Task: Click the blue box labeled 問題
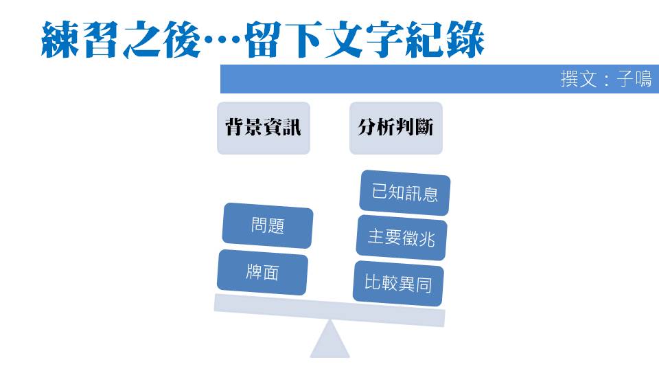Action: tap(268, 225)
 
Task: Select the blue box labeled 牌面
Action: tap(262, 272)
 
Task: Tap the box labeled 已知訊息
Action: tap(405, 192)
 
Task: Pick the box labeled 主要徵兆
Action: tap(402, 237)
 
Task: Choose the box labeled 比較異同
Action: tap(398, 283)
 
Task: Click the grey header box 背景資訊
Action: tap(264, 128)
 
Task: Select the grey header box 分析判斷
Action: tap(396, 128)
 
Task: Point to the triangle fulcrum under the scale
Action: tap(330, 340)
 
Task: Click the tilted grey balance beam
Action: tap(329, 309)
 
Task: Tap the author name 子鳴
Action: tap(634, 79)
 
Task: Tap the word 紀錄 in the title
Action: tap(442, 40)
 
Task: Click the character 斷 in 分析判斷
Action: tap(425, 128)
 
